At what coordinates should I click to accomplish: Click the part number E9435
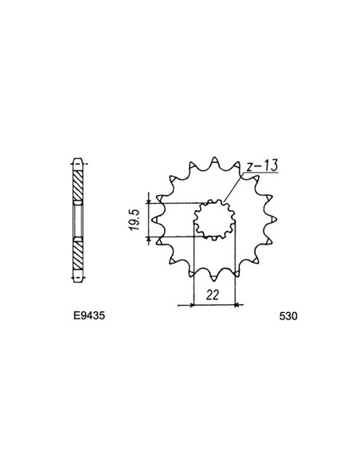click(89, 316)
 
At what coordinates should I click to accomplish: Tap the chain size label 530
click(288, 316)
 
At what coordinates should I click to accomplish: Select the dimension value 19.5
click(134, 220)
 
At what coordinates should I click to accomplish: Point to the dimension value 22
click(213, 295)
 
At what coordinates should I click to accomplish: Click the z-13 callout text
click(263, 166)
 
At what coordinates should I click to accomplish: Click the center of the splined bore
click(214, 220)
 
